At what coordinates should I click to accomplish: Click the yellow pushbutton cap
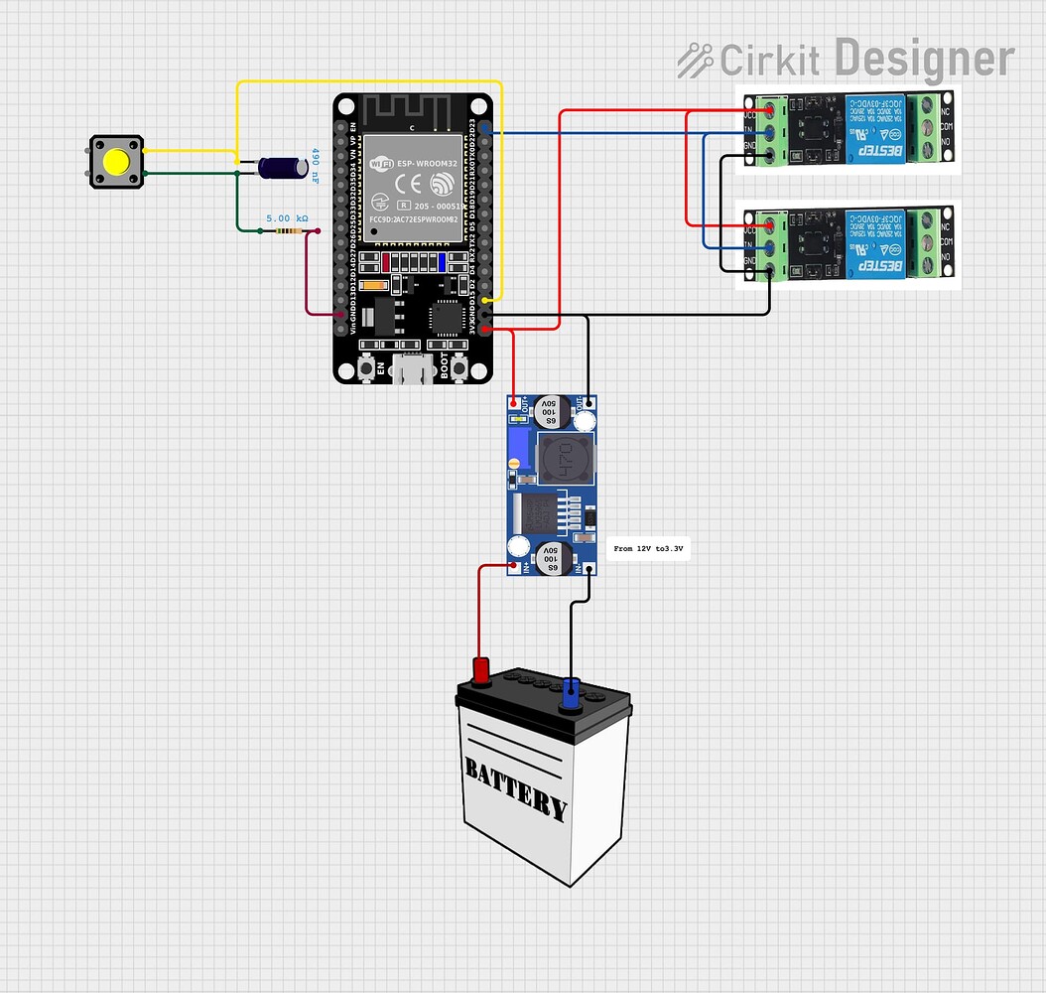coord(117,161)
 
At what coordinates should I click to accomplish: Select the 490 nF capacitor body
coord(283,168)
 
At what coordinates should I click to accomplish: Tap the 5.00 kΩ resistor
coord(288,231)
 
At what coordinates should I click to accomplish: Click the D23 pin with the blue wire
coord(485,131)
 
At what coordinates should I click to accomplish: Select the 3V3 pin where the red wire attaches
coord(485,329)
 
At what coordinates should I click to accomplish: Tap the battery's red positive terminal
coord(481,672)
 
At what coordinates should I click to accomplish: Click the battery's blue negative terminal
coord(571,692)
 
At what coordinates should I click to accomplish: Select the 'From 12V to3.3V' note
coord(649,548)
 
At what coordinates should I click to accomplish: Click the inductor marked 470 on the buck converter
coord(565,459)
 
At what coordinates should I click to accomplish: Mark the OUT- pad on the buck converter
coord(589,403)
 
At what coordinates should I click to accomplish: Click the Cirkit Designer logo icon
coord(695,61)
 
